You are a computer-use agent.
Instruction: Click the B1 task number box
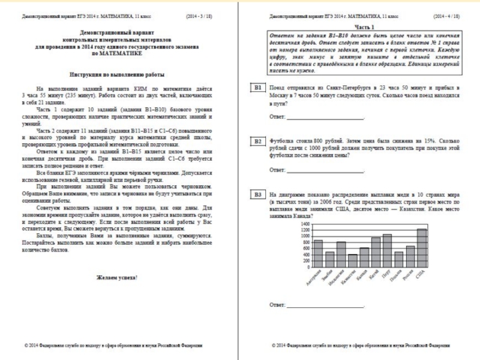257,88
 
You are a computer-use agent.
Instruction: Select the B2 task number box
257,142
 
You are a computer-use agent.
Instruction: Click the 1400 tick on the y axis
305,223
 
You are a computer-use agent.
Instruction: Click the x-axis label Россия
409,279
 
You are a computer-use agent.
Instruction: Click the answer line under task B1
325,117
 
